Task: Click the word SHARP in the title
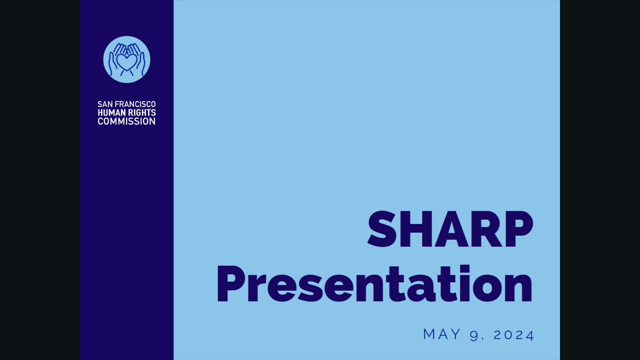click(450, 229)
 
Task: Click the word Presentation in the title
click(374, 284)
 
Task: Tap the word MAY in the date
click(442, 334)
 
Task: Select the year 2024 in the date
click(514, 334)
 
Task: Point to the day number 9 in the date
click(474, 335)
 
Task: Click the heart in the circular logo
click(126, 62)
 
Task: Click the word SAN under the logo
click(104, 104)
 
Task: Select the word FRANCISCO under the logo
click(135, 104)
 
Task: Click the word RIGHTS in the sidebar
click(142, 113)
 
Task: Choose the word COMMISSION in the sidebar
click(126, 121)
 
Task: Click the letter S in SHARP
click(383, 229)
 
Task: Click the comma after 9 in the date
click(483, 338)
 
